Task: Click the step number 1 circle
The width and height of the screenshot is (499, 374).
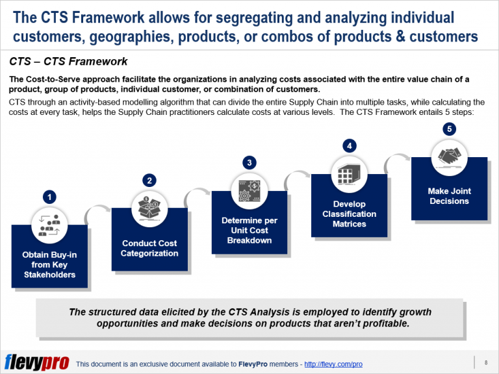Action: (x=49, y=196)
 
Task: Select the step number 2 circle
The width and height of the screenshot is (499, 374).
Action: (x=149, y=180)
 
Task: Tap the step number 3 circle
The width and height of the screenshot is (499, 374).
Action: (x=249, y=162)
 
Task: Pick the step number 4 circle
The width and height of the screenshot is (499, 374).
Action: (x=350, y=145)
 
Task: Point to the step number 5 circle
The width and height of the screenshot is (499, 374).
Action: (x=448, y=129)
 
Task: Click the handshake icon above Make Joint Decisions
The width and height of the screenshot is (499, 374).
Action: (x=449, y=156)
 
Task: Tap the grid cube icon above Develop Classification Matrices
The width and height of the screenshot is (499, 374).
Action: (x=350, y=173)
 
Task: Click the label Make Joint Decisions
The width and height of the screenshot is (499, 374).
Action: (x=449, y=196)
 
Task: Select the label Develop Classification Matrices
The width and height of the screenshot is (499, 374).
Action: (x=350, y=214)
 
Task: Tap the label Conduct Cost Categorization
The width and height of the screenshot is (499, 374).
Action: (x=149, y=248)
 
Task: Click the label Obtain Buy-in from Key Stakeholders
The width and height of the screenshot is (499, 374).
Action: (x=49, y=264)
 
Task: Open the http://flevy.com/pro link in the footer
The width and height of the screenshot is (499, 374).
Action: (x=333, y=364)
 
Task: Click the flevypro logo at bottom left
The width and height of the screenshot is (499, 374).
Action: (x=36, y=362)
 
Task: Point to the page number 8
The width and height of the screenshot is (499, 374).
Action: (x=485, y=362)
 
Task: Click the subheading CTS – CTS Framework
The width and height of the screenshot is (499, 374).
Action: (x=68, y=63)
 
